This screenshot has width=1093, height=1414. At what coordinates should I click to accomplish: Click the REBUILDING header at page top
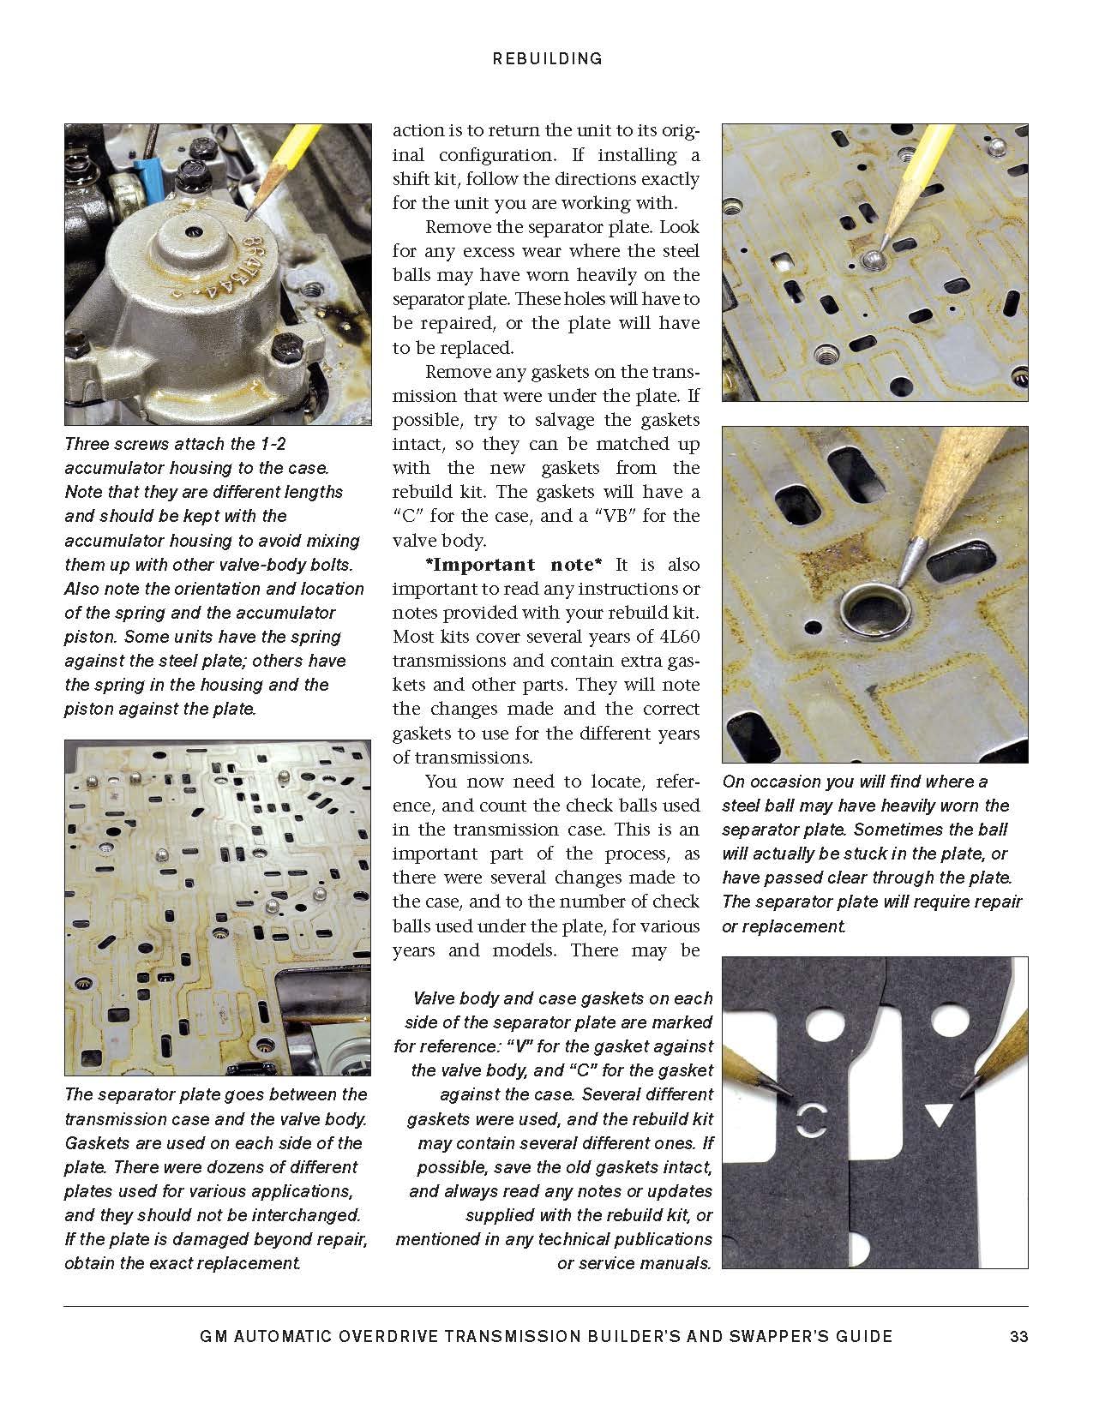click(547, 58)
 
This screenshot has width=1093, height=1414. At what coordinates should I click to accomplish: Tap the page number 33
click(1018, 1336)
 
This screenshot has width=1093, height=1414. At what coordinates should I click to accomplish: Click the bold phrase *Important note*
click(513, 565)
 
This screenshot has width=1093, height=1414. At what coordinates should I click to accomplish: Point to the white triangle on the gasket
click(939, 1114)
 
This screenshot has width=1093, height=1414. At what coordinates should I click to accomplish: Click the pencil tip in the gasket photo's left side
click(792, 1092)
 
